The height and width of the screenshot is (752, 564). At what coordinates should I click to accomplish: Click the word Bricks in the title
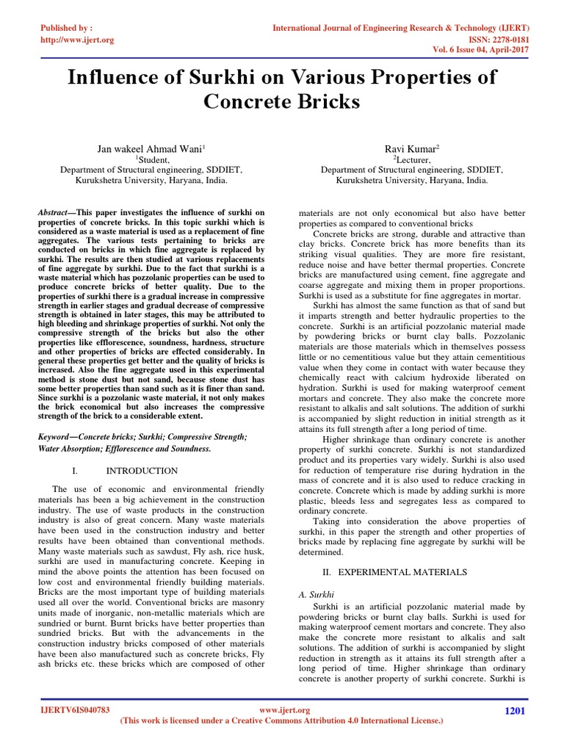323,101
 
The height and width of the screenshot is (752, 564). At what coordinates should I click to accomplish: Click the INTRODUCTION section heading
142,470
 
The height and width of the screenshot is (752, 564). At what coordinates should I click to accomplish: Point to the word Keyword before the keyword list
57,436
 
